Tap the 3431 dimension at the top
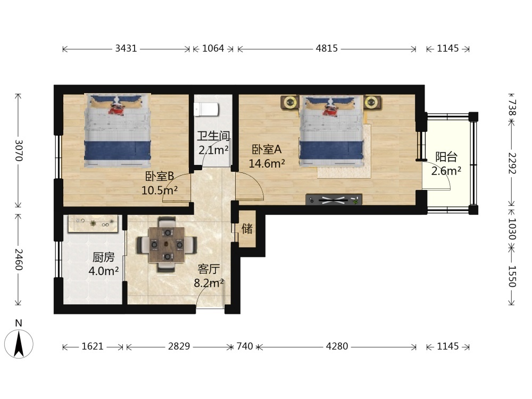coord(126,48)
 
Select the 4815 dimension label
coord(327,48)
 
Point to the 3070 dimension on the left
coord(19,151)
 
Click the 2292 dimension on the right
coord(512,163)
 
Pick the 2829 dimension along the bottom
coord(179,346)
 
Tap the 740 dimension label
coord(245,346)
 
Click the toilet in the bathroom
coord(206,109)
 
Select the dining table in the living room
coord(167,244)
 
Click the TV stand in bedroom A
coord(334,199)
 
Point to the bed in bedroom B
coord(118,131)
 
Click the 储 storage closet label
coord(247,229)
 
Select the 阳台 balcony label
coord(446,157)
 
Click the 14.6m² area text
coord(267,163)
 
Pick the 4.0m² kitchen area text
coord(104,271)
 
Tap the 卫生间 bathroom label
coord(213,136)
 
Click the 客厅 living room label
coord(209,269)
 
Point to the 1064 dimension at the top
coord(213,48)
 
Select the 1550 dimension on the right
coord(512,276)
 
